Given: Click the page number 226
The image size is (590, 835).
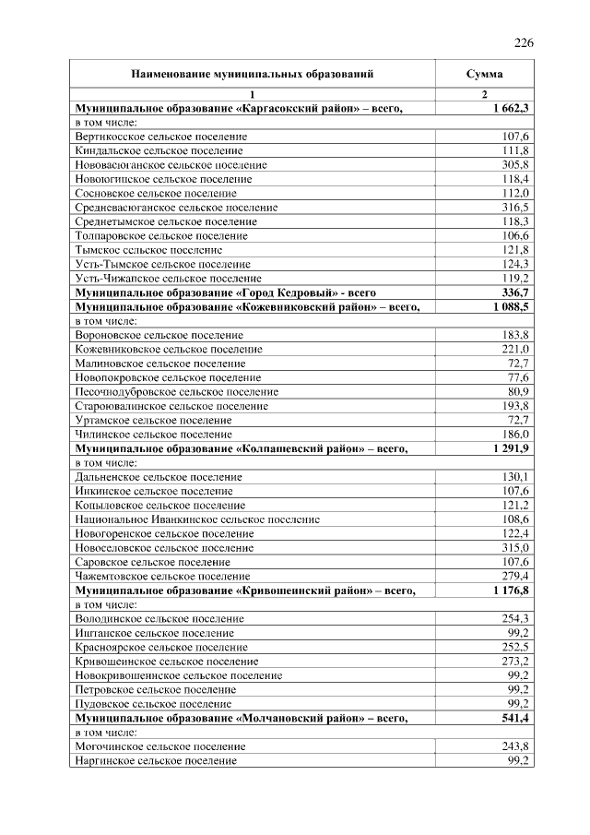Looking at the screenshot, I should point(524,42).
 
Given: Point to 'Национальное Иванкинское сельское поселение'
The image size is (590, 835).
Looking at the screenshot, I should point(197,519).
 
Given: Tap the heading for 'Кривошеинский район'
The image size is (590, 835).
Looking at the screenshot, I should point(246,590).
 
